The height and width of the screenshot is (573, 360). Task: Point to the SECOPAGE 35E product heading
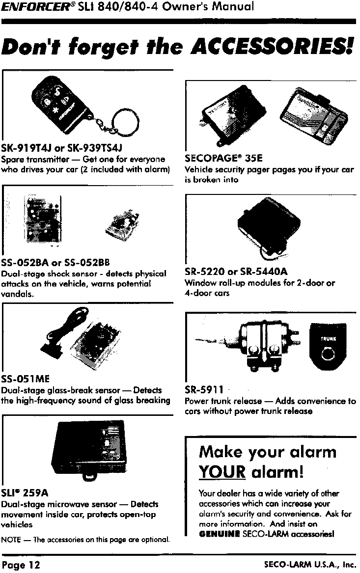[224, 159]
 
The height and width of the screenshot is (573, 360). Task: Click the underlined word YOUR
[222, 472]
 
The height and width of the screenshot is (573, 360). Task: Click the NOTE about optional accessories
[86, 540]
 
